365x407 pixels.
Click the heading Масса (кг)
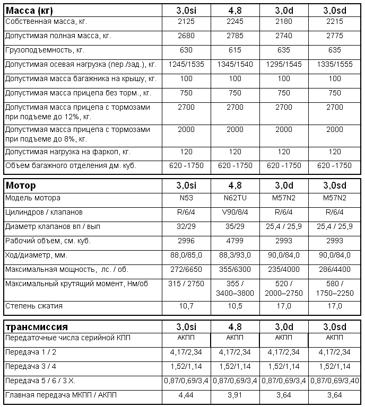pyautogui.click(x=29, y=10)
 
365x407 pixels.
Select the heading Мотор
pyautogui.click(x=21, y=185)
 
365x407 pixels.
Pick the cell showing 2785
pyautogui.click(x=235, y=36)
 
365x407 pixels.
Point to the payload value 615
pyautogui.click(x=235, y=50)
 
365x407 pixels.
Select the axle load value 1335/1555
pyautogui.click(x=335, y=64)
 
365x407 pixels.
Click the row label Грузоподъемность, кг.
pyautogui.click(x=45, y=50)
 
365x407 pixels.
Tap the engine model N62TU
pyautogui.click(x=235, y=198)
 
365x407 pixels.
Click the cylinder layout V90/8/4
pyautogui.click(x=235, y=213)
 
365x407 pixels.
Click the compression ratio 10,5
pyautogui.click(x=235, y=306)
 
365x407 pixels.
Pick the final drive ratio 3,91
pyautogui.click(x=235, y=395)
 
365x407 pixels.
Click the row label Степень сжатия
pyautogui.click(x=34, y=306)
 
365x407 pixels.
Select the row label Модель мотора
pyautogui.click(x=33, y=198)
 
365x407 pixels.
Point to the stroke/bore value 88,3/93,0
pyautogui.click(x=235, y=255)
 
